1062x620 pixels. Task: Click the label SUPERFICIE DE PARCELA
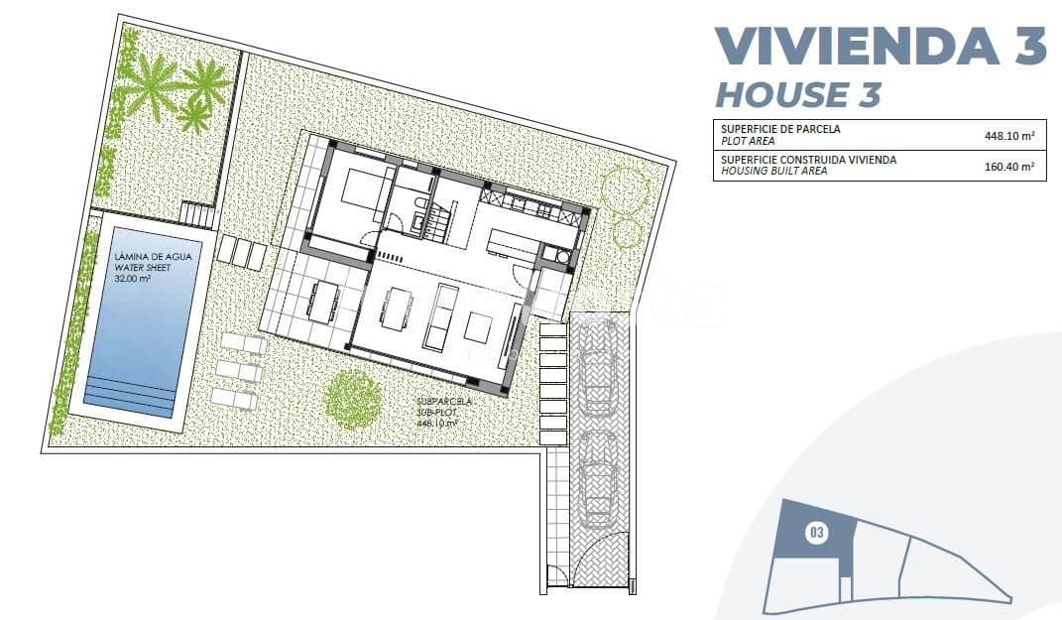point(780,129)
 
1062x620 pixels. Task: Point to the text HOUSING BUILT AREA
point(773,171)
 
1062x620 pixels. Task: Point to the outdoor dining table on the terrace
point(321,301)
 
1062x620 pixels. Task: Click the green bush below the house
point(354,399)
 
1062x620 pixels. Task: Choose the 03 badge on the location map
point(816,534)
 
